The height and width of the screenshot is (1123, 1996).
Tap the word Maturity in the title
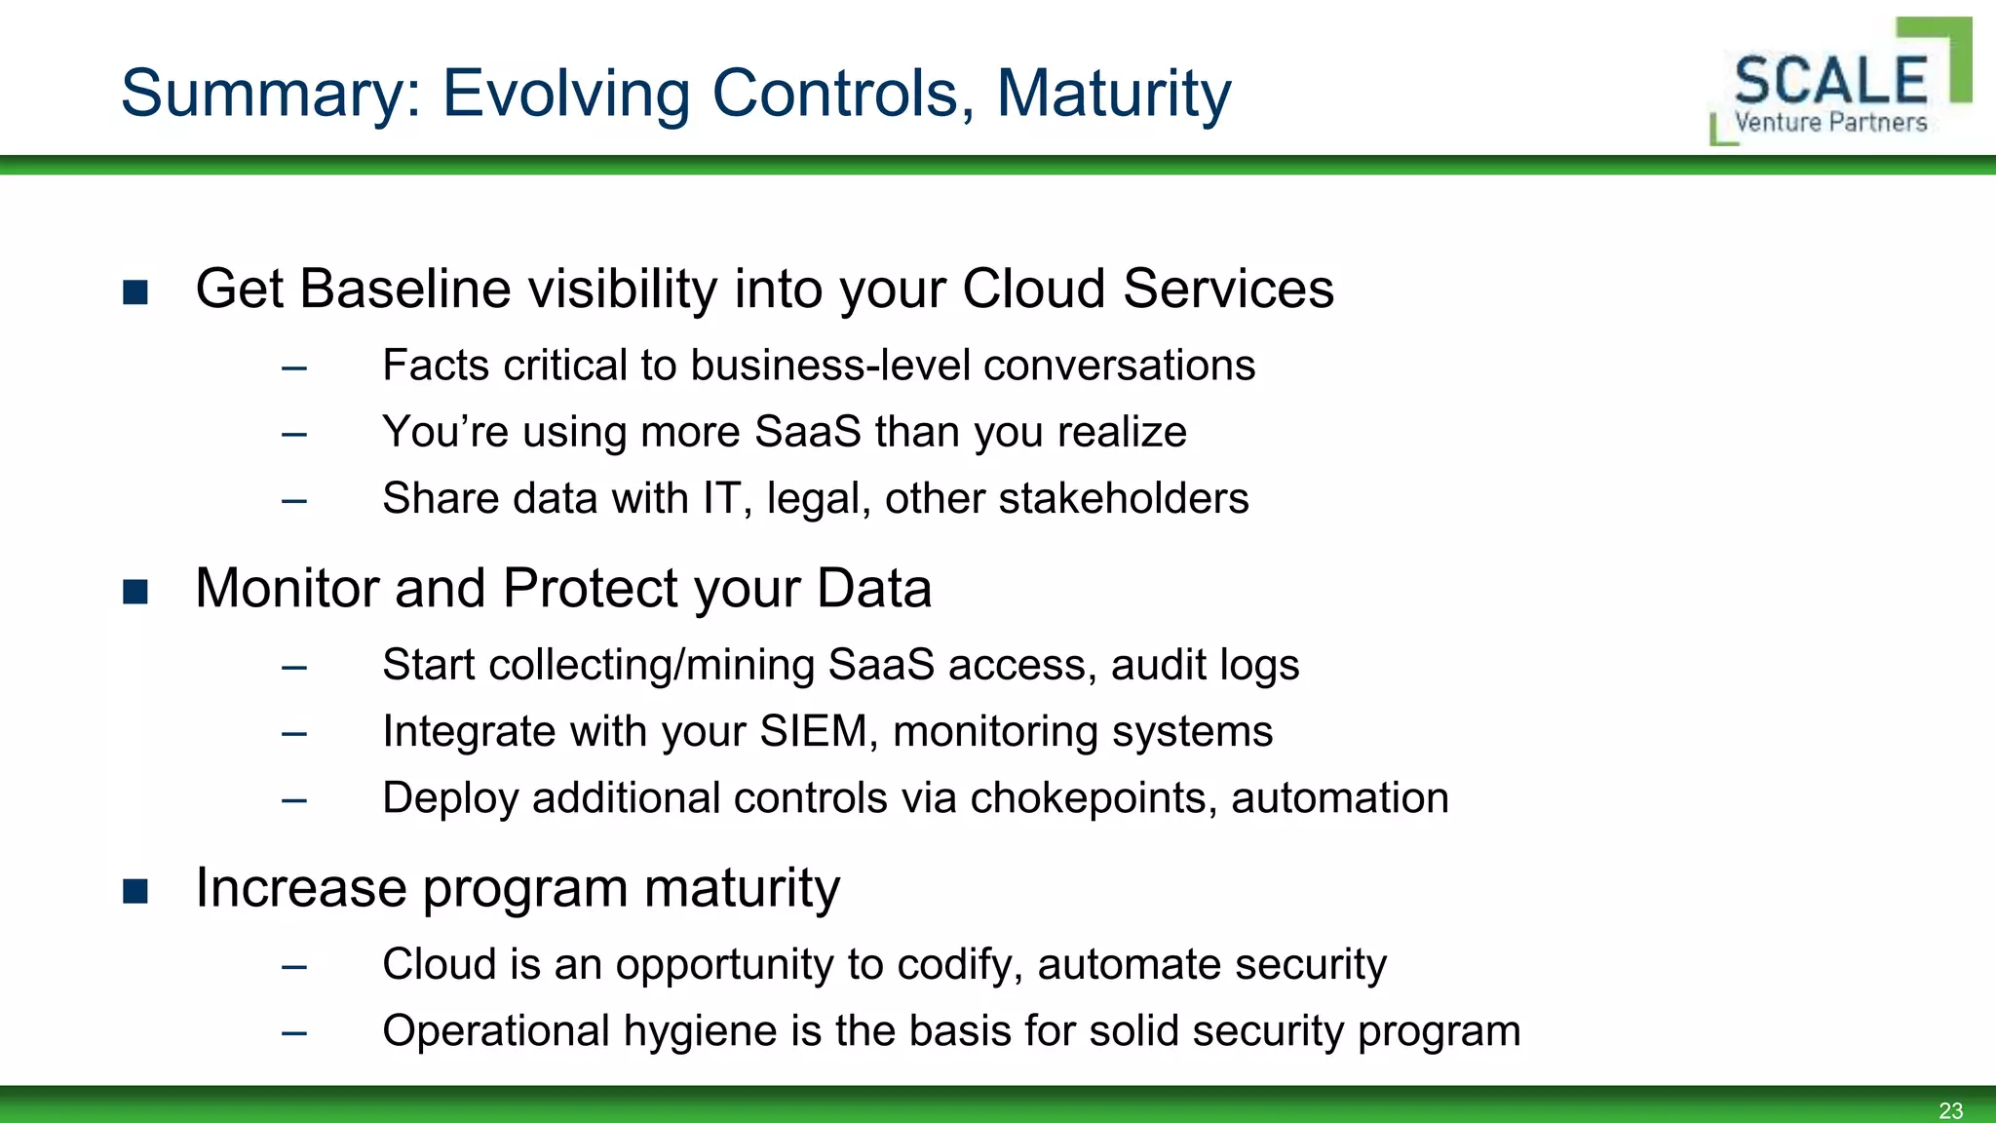(x=1113, y=95)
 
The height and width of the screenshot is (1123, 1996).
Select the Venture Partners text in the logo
(x=1830, y=123)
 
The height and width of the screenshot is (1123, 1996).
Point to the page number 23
(x=1950, y=1110)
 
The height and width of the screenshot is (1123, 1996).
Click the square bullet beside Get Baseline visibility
(x=135, y=292)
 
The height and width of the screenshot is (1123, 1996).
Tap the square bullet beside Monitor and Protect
(x=135, y=592)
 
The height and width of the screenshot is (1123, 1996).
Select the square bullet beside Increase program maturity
(x=135, y=891)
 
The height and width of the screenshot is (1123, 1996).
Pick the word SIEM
(x=812, y=731)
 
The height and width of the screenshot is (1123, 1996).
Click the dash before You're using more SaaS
(x=294, y=434)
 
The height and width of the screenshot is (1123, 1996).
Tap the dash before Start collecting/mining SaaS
(x=294, y=668)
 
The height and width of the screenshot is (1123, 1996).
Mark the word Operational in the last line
(x=496, y=1031)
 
